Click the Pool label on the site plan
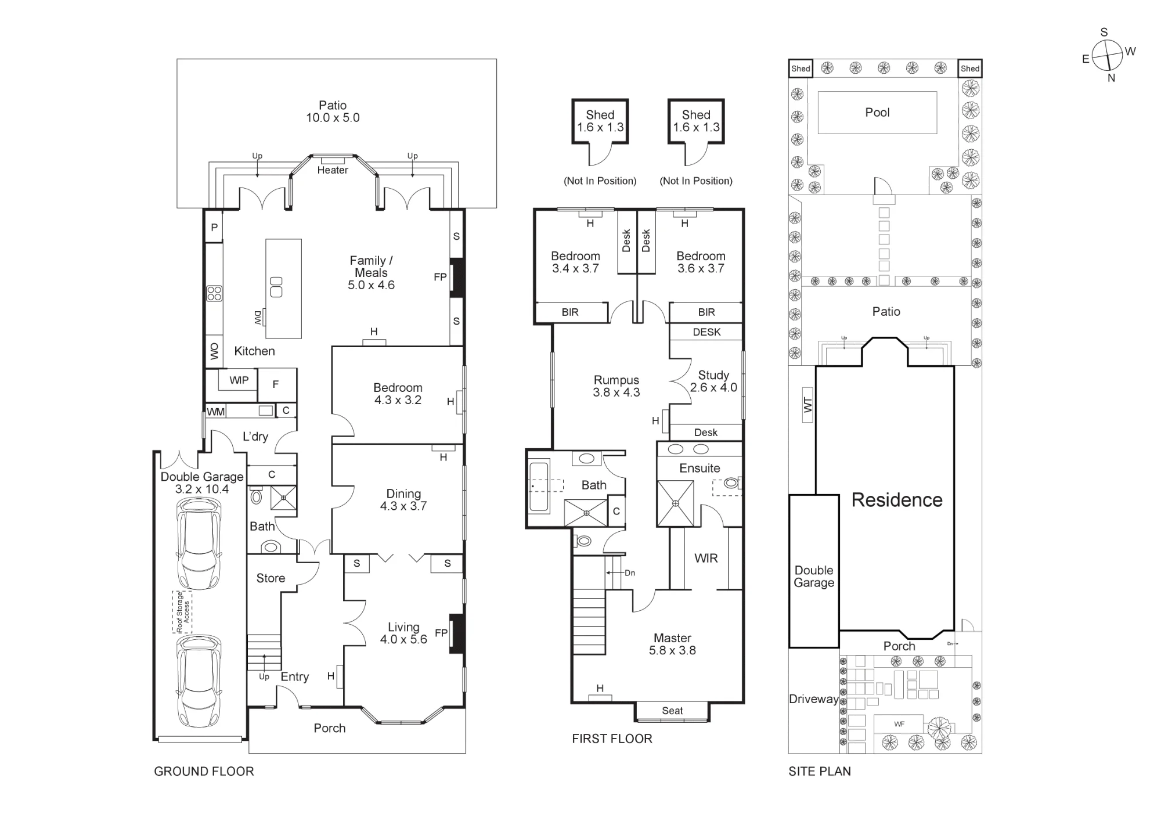877,113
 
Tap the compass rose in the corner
1108,56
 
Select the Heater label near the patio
333,170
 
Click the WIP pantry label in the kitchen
239,380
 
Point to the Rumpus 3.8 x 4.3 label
616,386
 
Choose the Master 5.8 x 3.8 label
672,644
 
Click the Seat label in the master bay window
672,711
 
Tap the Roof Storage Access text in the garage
182,612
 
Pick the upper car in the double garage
199,543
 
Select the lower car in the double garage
199,680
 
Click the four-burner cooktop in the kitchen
214,294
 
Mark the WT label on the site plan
807,405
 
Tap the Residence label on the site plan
897,500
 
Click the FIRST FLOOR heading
612,739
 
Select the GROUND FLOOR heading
204,771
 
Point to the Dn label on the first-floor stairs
630,573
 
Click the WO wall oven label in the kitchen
214,351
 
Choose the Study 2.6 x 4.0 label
713,381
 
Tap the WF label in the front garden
899,724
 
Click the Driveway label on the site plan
814,699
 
